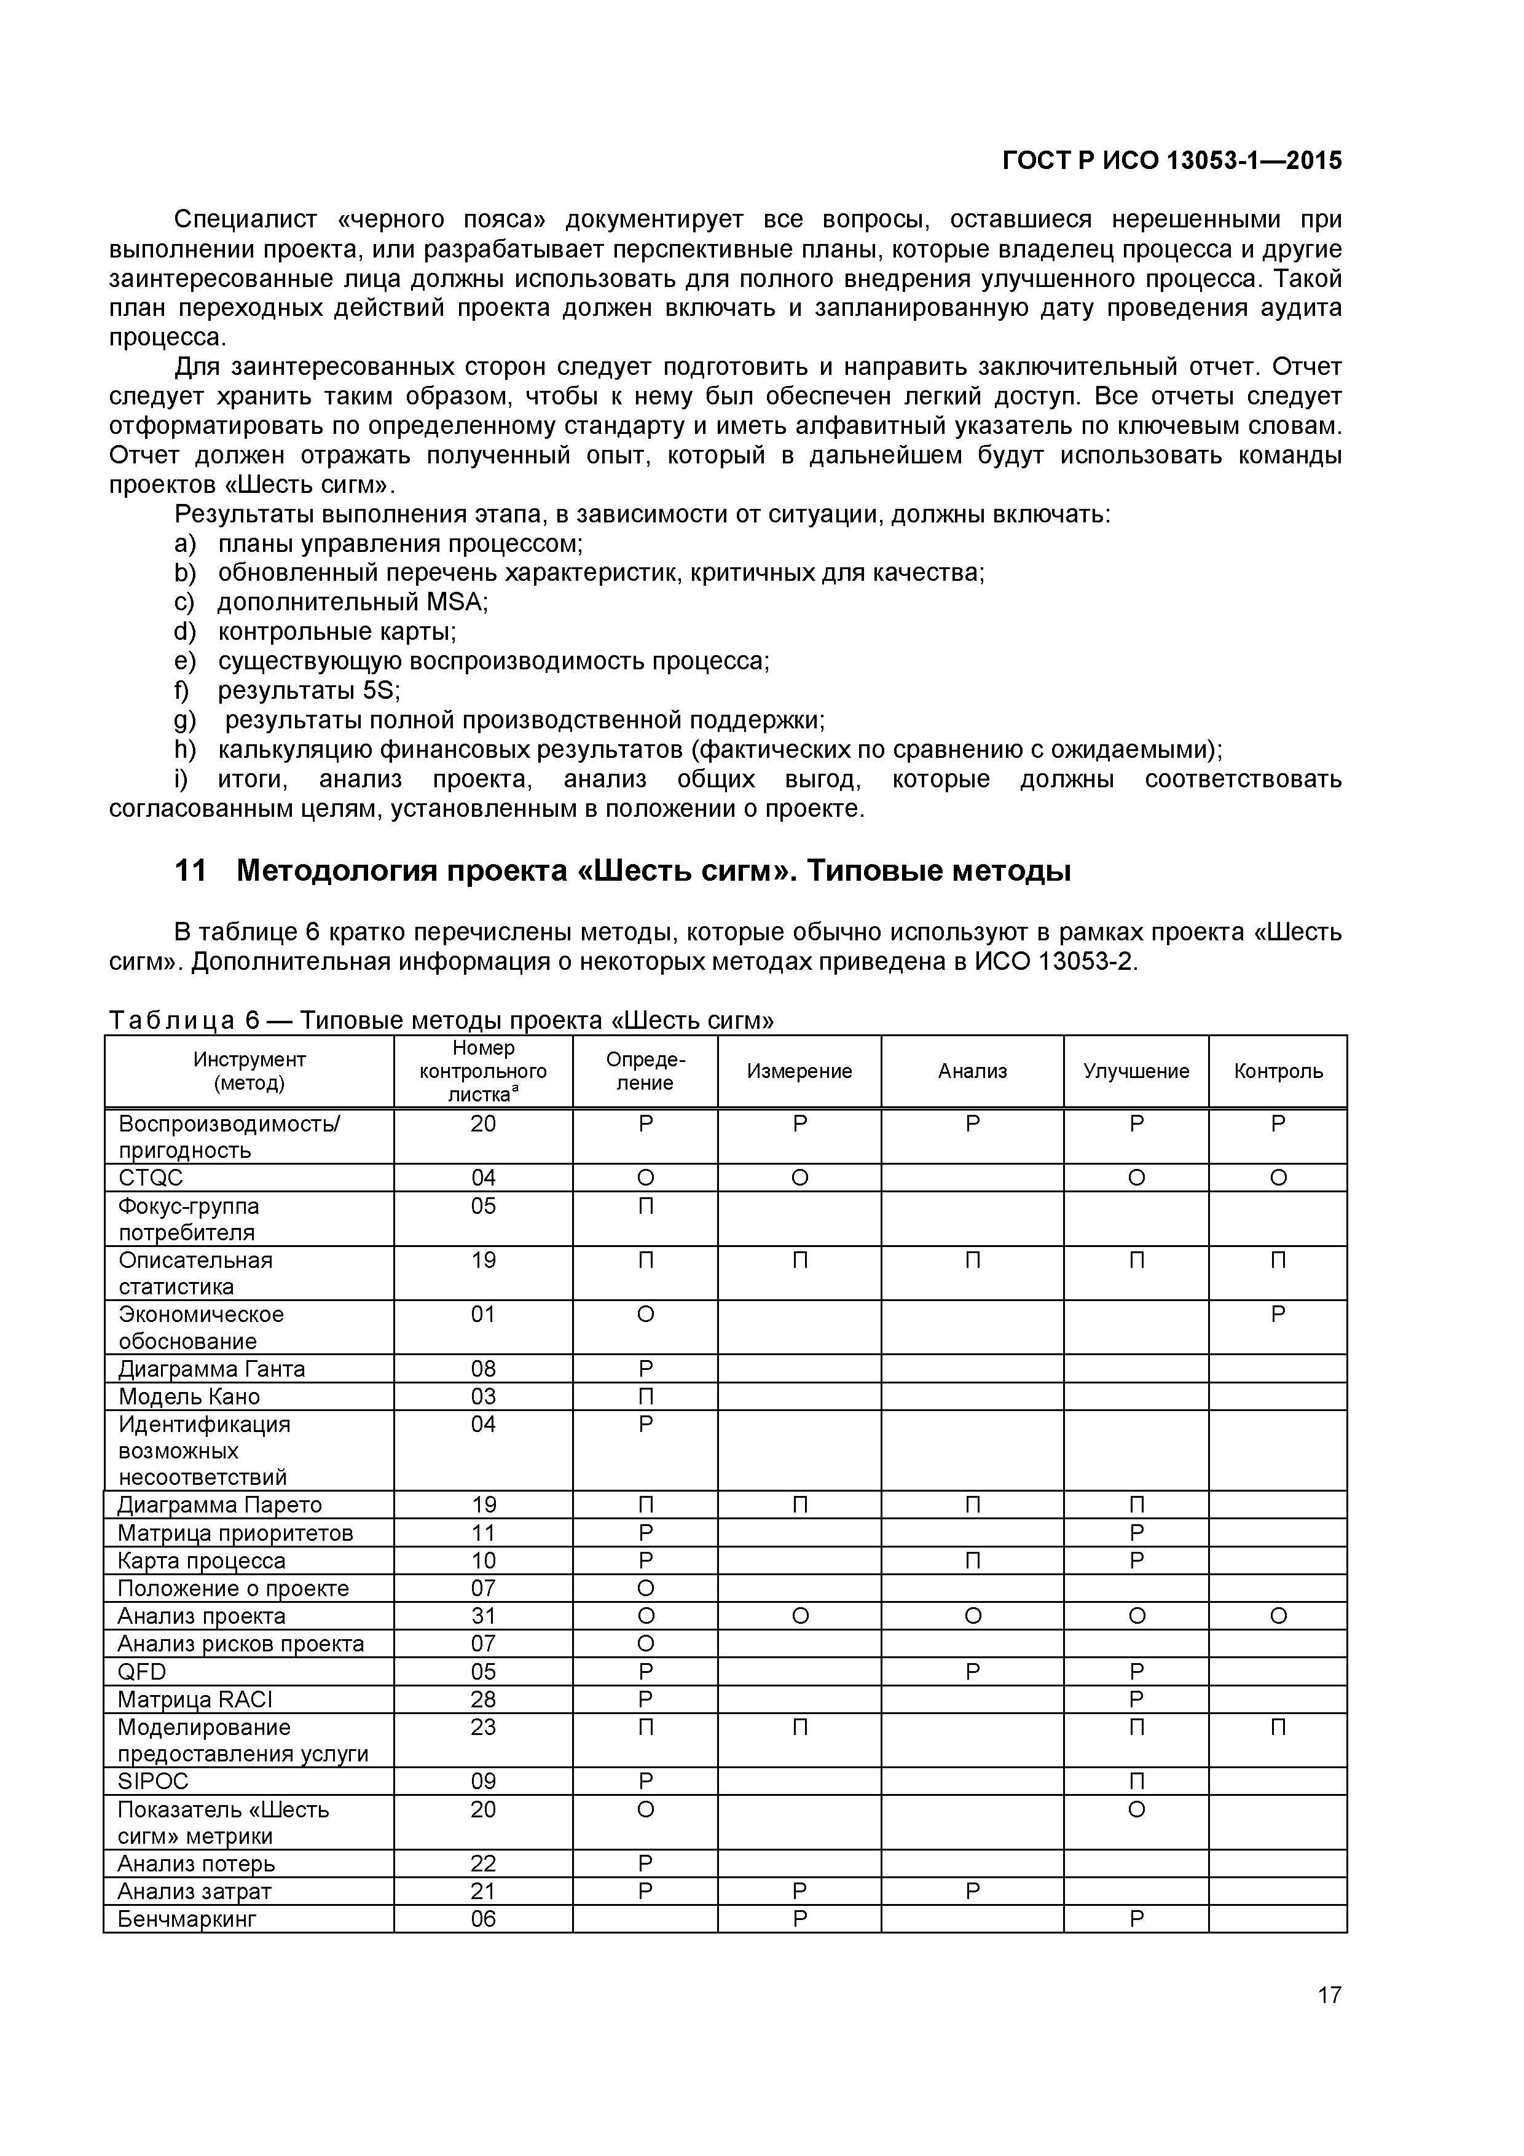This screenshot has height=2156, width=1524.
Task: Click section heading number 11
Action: pos(190,871)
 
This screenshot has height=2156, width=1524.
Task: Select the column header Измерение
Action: pos(799,1071)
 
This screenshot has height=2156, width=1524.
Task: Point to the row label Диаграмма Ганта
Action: pos(211,1369)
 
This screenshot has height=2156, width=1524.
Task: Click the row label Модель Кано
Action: pos(189,1396)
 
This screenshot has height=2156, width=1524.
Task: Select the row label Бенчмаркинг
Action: pos(186,1918)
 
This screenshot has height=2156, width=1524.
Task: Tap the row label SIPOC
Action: pos(153,1781)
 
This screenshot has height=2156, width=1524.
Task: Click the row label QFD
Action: pos(142,1672)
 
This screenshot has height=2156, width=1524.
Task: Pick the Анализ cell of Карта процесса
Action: pos(972,1560)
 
